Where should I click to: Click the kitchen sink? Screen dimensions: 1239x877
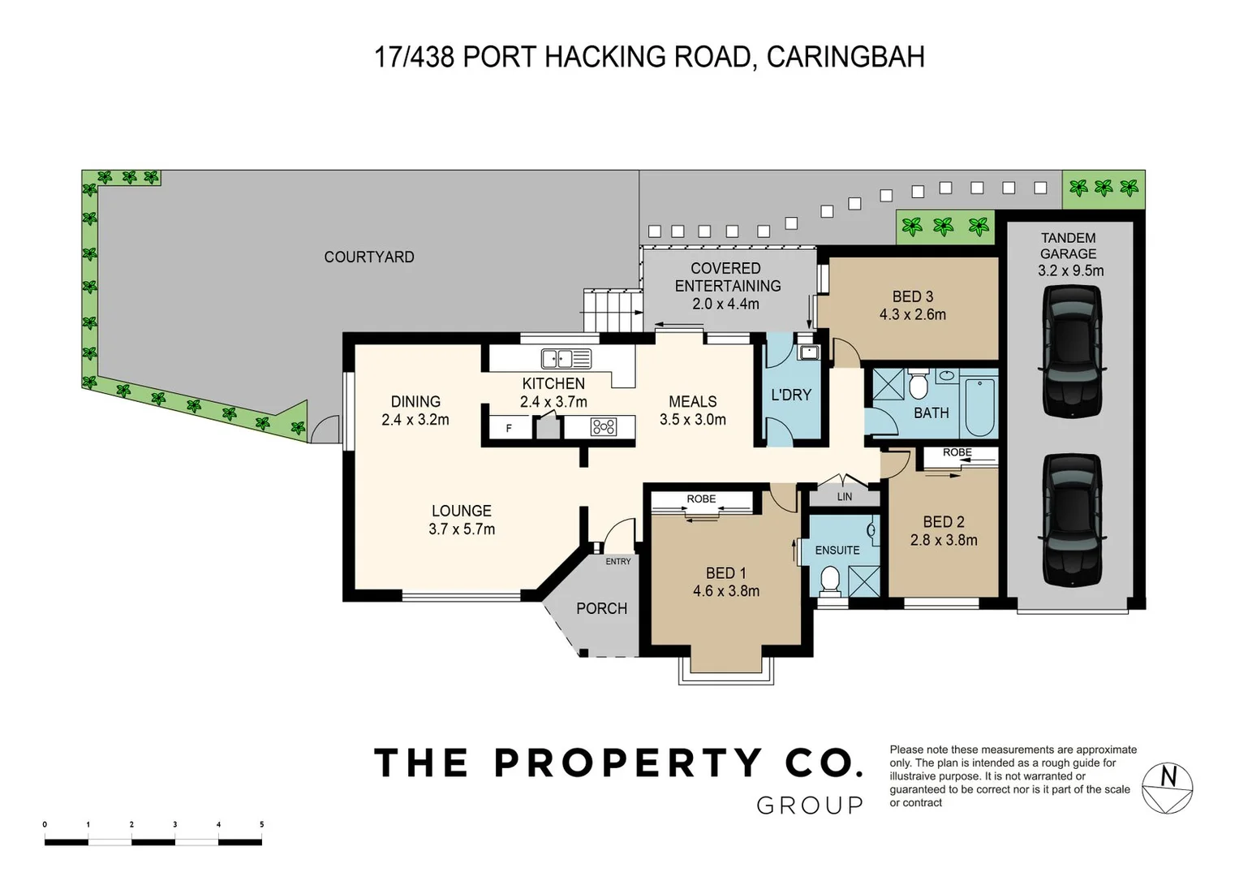click(566, 359)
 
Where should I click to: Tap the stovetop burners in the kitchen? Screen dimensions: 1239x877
click(604, 427)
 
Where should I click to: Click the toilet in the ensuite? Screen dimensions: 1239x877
click(830, 581)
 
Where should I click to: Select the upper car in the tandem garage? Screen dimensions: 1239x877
click(1072, 351)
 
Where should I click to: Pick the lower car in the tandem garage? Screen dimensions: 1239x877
click(1072, 520)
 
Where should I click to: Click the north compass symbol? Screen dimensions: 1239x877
click(1167, 788)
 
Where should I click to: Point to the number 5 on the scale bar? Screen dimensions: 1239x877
click(261, 824)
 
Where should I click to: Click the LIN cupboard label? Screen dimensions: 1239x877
click(845, 497)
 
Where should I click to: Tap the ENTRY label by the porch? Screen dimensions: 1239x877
click(617, 561)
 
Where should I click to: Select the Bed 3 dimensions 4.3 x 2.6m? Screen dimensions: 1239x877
click(913, 314)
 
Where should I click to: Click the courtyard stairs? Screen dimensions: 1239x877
click(613, 310)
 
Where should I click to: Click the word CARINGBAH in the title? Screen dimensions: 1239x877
click(845, 57)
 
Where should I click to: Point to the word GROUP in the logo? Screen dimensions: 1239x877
click(810, 806)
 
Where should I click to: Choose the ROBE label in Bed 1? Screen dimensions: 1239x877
click(701, 499)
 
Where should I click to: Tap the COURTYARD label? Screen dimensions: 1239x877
click(369, 257)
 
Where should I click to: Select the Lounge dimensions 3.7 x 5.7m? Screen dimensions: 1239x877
click(462, 529)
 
